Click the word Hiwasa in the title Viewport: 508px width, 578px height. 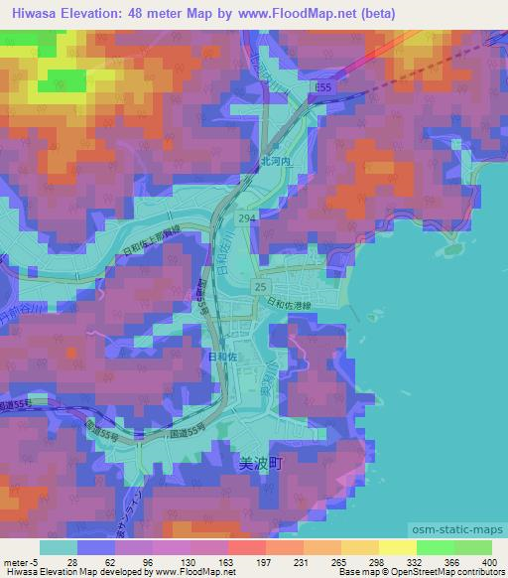[x=32, y=12]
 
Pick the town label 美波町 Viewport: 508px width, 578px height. [x=262, y=463]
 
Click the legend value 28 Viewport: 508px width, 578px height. [x=73, y=561]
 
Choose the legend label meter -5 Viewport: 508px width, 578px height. [x=22, y=561]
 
